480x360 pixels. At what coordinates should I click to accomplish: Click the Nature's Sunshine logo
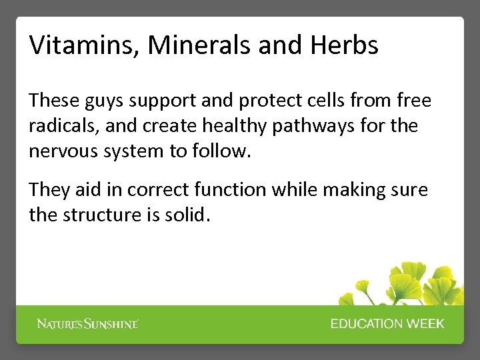tap(87, 324)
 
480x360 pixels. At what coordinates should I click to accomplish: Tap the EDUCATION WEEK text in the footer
tap(387, 324)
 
